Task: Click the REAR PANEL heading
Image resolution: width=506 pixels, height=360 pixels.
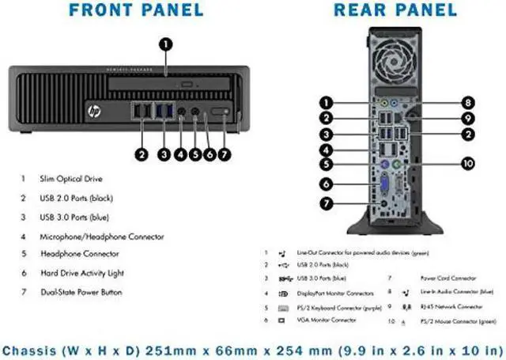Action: point(395,11)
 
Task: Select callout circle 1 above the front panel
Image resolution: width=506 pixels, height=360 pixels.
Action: point(165,44)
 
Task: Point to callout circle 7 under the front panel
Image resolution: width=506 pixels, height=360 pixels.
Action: point(225,155)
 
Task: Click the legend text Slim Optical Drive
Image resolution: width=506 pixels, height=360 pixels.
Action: point(71,179)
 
